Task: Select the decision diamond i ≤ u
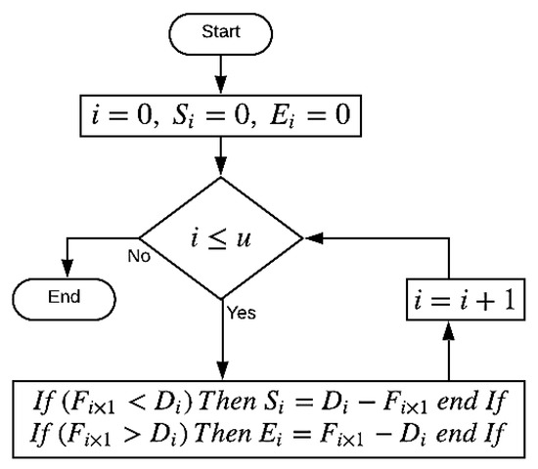click(x=221, y=237)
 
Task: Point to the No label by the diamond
click(x=138, y=256)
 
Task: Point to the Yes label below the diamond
click(x=241, y=314)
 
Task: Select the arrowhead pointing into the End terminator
click(x=67, y=270)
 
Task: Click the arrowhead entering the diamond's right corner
click(x=311, y=237)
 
